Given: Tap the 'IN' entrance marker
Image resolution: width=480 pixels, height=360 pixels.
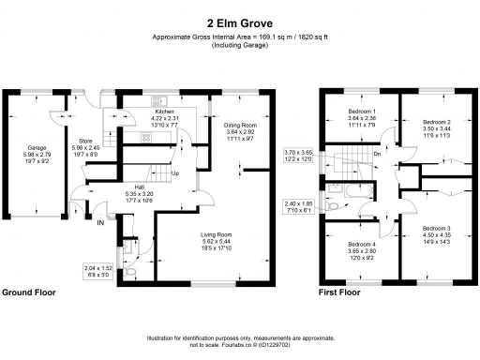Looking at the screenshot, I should (100, 222).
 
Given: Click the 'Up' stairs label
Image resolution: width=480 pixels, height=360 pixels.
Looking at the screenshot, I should (174, 173).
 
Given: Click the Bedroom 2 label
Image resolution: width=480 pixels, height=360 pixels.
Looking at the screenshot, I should (436, 122).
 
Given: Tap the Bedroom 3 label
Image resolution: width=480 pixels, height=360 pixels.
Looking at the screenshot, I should (436, 228).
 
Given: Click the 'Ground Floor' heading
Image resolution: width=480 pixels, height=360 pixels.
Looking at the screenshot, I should (28, 292).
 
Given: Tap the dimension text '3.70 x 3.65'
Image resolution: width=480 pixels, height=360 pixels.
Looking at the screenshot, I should (299, 153).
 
